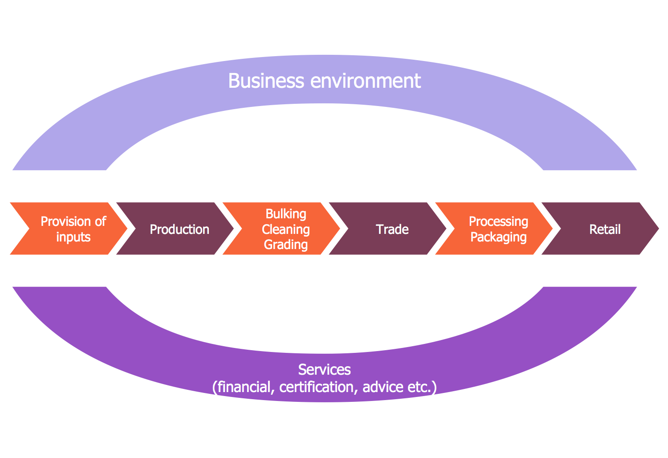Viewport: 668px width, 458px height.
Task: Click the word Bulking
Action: pyautogui.click(x=285, y=214)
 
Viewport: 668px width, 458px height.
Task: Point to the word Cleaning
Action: pyautogui.click(x=285, y=229)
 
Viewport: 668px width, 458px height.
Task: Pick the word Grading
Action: pyautogui.click(x=285, y=245)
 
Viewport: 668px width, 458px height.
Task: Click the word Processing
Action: pyautogui.click(x=498, y=221)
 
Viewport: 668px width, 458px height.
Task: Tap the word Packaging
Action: pyautogui.click(x=498, y=237)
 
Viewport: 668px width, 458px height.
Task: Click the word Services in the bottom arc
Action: pyautogui.click(x=324, y=369)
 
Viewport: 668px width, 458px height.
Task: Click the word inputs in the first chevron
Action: pyautogui.click(x=73, y=237)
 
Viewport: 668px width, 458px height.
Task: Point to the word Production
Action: pyautogui.click(x=179, y=229)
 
